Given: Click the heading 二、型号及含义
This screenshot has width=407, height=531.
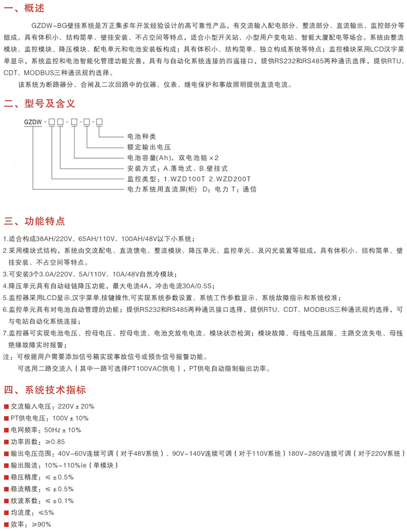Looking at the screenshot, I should pos(39,103).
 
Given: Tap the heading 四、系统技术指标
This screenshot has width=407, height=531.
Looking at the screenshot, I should pos(45,390).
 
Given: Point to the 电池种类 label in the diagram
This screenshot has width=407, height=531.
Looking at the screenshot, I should pos(142,137).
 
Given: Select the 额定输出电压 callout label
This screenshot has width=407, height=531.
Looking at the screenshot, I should pos(149,147).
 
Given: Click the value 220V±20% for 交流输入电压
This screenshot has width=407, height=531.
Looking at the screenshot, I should pos(76,407).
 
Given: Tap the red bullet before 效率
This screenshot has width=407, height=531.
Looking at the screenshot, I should pos(6,525).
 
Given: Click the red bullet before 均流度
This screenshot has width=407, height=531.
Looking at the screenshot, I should pos(6,513).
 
